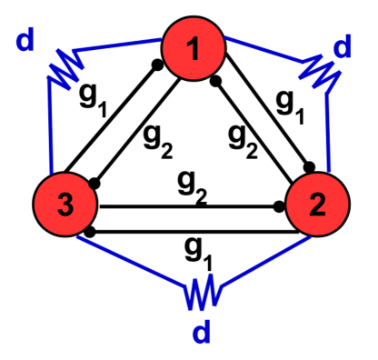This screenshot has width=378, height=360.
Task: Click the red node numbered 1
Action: pos(193,49)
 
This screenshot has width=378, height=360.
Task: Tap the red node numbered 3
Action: pos(65,204)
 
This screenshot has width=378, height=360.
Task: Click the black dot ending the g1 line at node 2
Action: pos(311,167)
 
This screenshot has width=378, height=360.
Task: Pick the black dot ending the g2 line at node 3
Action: pos(93,183)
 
